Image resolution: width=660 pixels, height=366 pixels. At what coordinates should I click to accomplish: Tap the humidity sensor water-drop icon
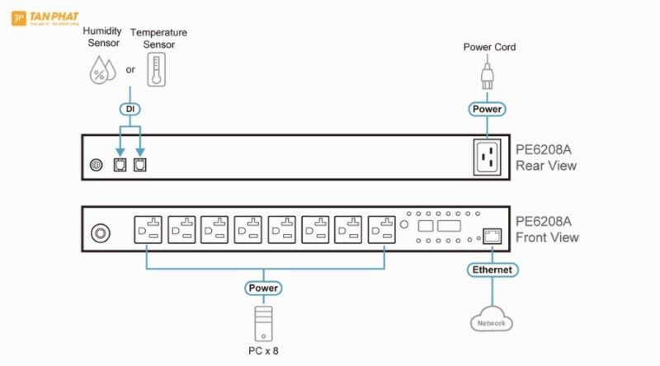click(102, 72)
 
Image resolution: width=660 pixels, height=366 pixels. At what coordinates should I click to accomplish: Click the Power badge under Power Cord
click(487, 109)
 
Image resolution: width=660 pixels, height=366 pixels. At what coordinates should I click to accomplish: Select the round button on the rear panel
click(96, 165)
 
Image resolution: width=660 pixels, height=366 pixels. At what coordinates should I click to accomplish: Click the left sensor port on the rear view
click(120, 165)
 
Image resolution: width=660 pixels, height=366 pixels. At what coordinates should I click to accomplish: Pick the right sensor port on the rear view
click(139, 165)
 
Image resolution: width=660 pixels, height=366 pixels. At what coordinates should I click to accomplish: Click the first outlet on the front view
click(148, 229)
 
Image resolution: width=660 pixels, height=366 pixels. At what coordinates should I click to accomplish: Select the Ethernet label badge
click(492, 270)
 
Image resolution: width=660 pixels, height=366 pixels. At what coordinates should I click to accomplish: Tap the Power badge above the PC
click(263, 289)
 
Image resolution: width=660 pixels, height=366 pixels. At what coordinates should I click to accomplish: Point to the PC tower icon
click(263, 322)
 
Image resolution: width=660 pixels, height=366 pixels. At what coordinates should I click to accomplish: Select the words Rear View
click(546, 166)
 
